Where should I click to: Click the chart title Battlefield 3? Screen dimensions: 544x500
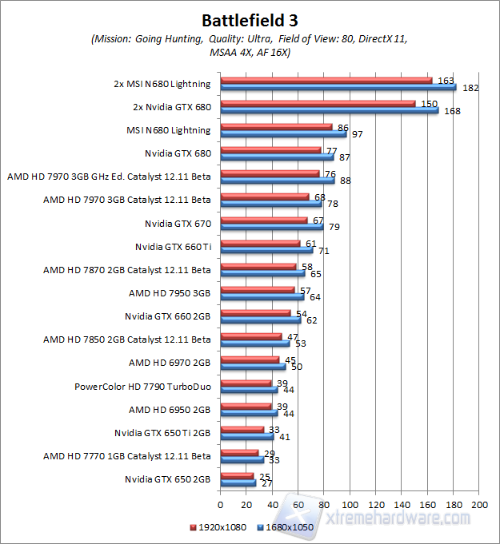pyautogui.click(x=250, y=19)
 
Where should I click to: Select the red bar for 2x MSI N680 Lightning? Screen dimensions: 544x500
pyautogui.click(x=326, y=80)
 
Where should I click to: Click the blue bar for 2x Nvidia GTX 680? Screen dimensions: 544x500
pyautogui.click(x=329, y=110)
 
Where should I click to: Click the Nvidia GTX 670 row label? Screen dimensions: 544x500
pyautogui.click(x=178, y=223)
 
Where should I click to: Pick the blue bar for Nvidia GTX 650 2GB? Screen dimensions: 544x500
pyautogui.click(x=238, y=483)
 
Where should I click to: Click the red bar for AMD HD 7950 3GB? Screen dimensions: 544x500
pyautogui.click(x=257, y=289)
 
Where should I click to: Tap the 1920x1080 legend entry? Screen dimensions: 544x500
pyautogui.click(x=218, y=526)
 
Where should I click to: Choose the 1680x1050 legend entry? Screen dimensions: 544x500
pyautogui.click(x=282, y=526)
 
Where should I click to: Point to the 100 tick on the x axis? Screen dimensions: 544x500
pyautogui.click(x=350, y=505)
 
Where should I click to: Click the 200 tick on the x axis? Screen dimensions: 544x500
pyautogui.click(x=480, y=505)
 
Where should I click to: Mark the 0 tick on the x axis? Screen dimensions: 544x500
pyautogui.click(x=220, y=505)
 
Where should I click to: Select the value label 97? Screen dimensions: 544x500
pyautogui.click(x=357, y=134)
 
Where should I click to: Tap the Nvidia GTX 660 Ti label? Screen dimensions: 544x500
pyautogui.click(x=174, y=246)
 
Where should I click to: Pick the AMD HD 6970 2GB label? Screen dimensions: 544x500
pyautogui.click(x=170, y=363)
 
